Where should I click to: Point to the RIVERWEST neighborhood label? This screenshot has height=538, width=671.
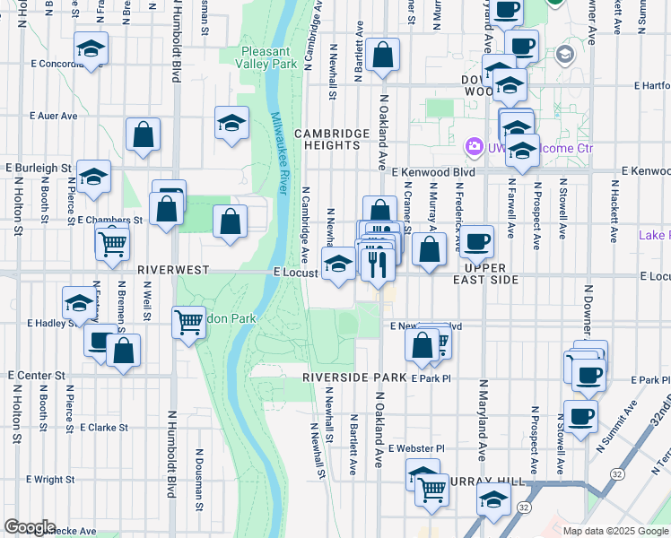(x=173, y=269)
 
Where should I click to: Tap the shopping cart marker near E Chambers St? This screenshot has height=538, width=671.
(x=112, y=243)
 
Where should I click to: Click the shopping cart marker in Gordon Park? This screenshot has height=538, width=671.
(x=188, y=322)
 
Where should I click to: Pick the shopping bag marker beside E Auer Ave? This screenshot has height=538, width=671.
(x=143, y=134)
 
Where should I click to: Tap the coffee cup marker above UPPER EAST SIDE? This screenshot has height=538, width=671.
(x=477, y=240)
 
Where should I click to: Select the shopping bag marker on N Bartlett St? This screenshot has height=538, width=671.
(x=382, y=56)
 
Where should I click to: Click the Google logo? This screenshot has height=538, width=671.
(x=30, y=527)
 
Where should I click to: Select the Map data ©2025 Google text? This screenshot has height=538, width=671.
(x=614, y=531)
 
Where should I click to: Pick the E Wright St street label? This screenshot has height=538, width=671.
(x=39, y=480)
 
